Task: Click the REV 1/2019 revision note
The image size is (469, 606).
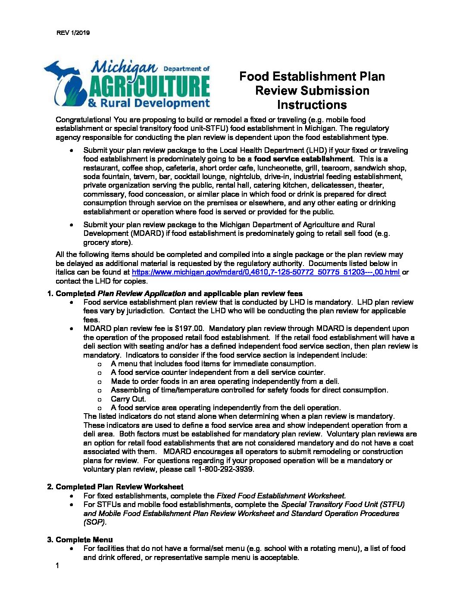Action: [73, 33]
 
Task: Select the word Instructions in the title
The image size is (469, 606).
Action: [312, 105]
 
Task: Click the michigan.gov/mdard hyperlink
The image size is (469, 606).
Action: [266, 272]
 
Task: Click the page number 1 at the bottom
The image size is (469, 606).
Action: [57, 566]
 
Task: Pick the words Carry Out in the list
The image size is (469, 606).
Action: [128, 399]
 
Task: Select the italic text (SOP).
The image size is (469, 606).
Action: [94, 522]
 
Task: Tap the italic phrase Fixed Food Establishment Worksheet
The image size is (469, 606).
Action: [281, 495]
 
